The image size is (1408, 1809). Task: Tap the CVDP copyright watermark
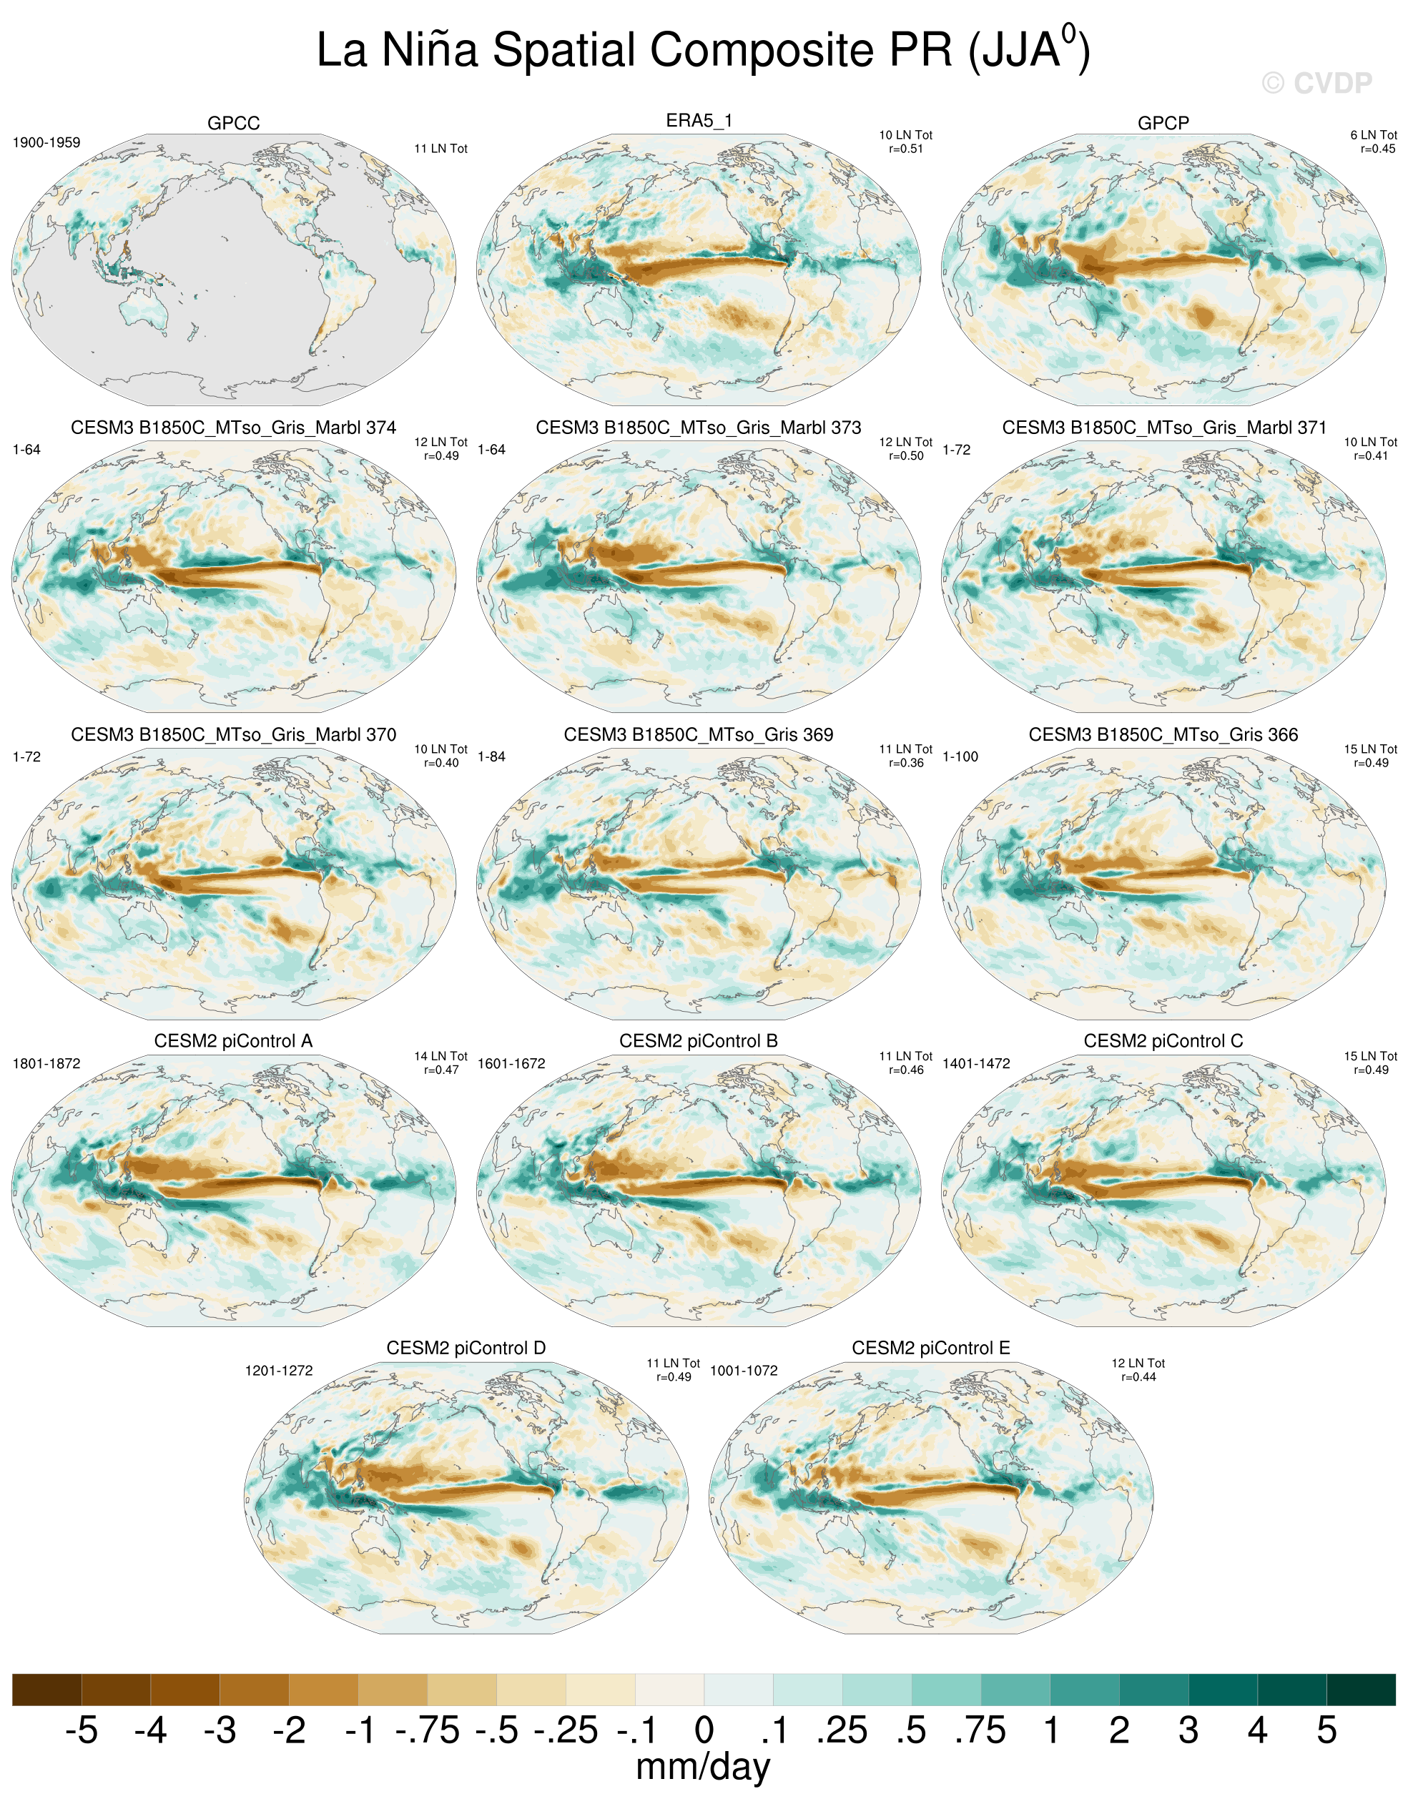point(1317,83)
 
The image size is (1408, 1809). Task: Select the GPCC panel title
point(234,122)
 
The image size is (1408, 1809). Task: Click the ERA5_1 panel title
point(699,120)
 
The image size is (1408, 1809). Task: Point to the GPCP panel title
point(1163,122)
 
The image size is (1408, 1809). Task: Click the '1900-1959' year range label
point(46,142)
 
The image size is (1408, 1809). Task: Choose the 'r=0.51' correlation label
point(905,149)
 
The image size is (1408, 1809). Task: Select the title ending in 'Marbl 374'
point(234,428)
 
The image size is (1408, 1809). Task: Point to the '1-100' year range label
point(961,756)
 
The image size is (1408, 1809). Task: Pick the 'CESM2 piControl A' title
point(234,1040)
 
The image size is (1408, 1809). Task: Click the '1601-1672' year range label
point(511,1063)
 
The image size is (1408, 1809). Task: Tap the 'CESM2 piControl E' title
point(931,1348)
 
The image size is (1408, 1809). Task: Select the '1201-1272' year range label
point(279,1371)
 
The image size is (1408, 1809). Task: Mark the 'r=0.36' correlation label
point(905,763)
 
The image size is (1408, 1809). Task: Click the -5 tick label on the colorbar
point(82,1730)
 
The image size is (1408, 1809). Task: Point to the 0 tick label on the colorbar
point(704,1730)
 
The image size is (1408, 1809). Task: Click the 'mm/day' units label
point(702,1768)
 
